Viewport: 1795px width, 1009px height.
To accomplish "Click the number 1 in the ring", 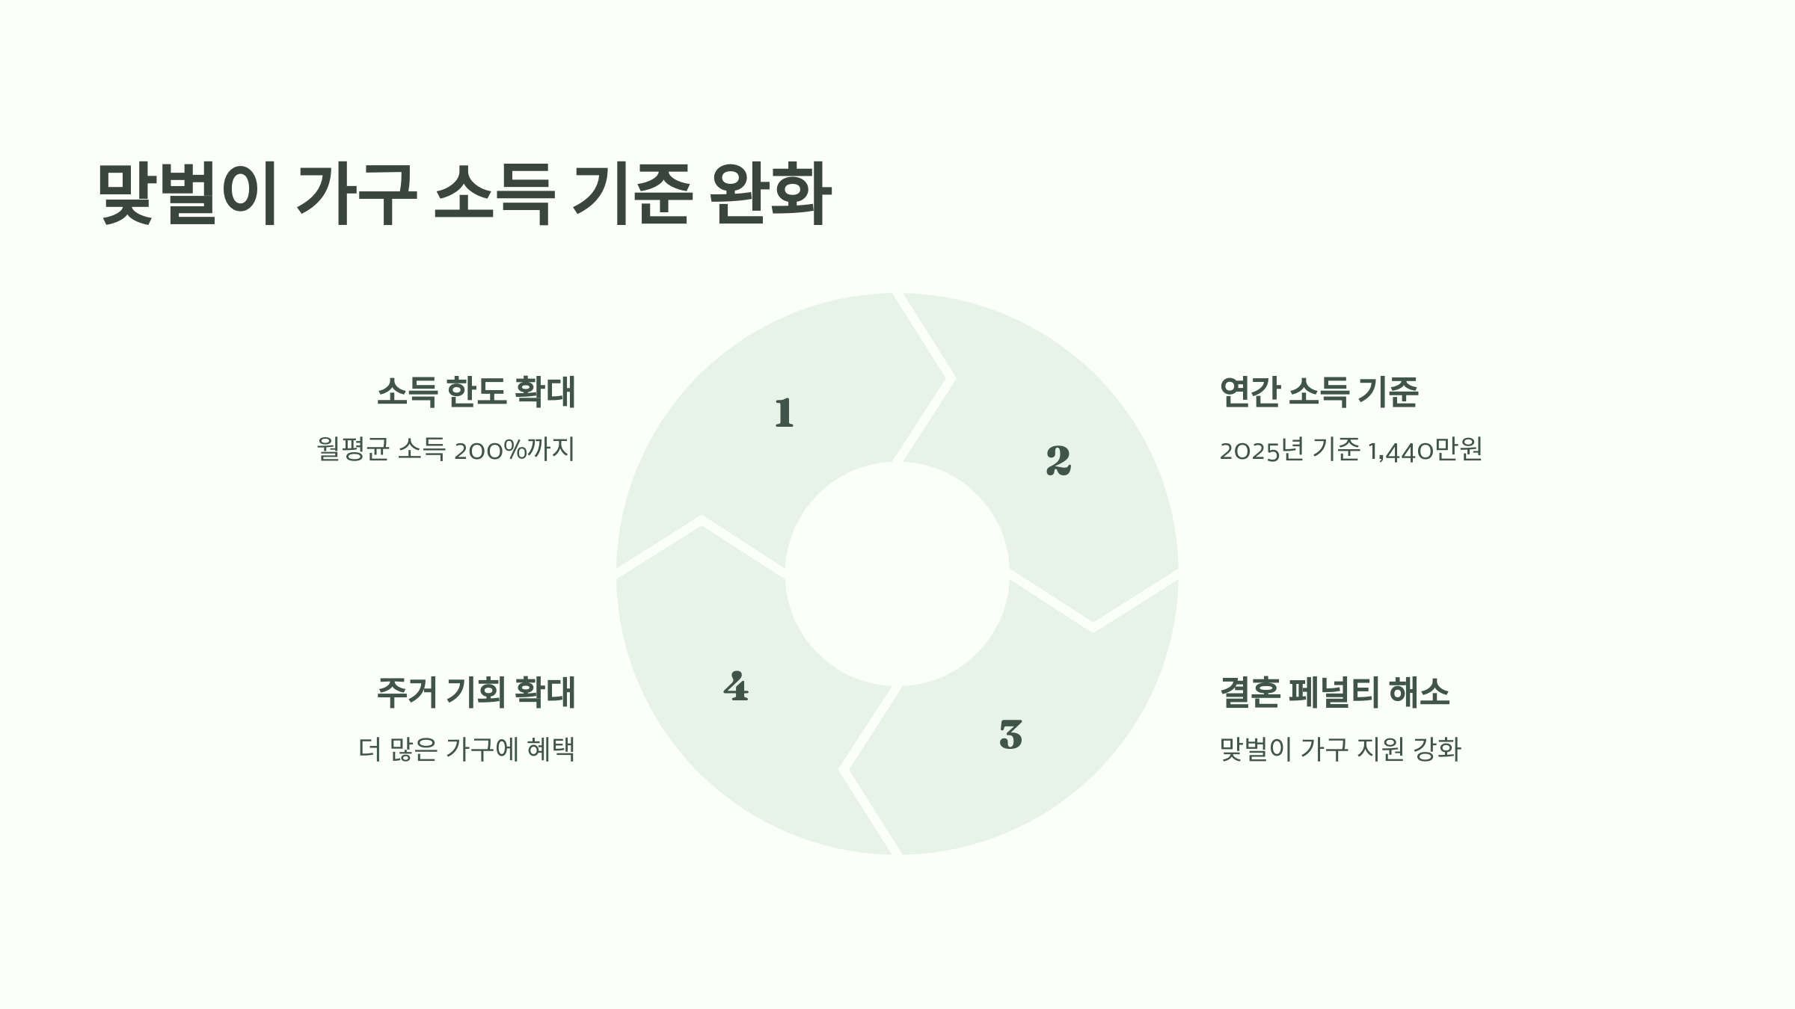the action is (x=784, y=413).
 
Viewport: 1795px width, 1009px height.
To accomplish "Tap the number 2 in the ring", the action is (x=1058, y=460).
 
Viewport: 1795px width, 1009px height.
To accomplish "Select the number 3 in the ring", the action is (x=1010, y=735).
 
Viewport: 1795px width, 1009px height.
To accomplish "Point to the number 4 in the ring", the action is (x=736, y=687).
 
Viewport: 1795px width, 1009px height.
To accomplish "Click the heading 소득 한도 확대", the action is (x=476, y=392).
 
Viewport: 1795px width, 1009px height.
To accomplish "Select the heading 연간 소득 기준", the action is (x=1319, y=392).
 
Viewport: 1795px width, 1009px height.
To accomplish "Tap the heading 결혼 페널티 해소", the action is (x=1334, y=692).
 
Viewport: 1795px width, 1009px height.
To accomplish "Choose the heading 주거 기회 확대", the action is (x=476, y=692).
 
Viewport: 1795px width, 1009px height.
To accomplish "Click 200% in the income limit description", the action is (x=491, y=450).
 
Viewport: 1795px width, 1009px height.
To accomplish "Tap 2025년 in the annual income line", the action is (x=1262, y=450).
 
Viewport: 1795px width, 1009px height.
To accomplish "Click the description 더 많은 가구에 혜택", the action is (x=467, y=749).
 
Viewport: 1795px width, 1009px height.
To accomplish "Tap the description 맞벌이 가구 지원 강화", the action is (x=1340, y=749).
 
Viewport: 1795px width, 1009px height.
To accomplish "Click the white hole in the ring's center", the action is (x=897, y=573).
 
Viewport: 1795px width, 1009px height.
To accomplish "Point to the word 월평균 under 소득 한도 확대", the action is (x=353, y=450).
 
